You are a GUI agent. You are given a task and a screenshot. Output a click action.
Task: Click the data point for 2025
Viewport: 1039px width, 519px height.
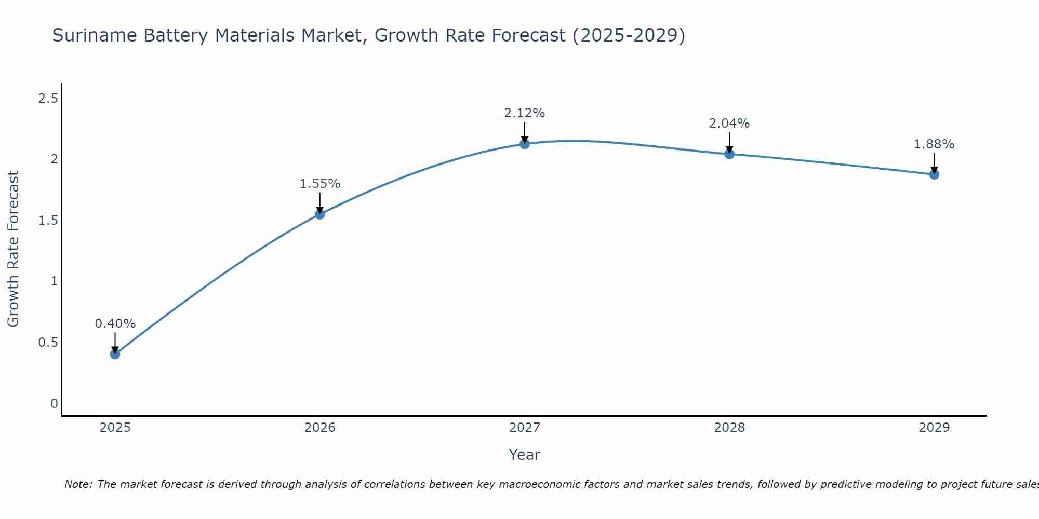point(115,354)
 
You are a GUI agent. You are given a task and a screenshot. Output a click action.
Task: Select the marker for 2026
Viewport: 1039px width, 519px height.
point(319,214)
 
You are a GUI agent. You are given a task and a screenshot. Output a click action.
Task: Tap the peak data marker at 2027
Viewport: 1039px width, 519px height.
point(524,144)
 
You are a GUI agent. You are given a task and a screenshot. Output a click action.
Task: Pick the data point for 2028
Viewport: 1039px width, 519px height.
point(729,154)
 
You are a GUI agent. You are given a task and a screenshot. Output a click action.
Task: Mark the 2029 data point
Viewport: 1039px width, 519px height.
point(934,174)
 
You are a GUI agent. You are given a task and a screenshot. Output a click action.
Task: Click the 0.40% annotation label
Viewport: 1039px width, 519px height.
point(115,324)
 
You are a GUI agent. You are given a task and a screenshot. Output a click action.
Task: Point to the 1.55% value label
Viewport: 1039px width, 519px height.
point(319,184)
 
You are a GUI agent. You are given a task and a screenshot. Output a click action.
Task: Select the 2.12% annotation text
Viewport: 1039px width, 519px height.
point(524,113)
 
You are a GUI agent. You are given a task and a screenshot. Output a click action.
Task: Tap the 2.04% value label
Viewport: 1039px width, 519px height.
point(729,124)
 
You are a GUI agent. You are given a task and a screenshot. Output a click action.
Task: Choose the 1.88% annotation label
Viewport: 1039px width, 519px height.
point(934,144)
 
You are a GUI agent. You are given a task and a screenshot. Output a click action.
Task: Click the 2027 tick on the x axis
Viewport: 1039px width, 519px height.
point(524,428)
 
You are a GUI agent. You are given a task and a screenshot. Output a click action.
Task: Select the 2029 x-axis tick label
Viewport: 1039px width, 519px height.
point(934,428)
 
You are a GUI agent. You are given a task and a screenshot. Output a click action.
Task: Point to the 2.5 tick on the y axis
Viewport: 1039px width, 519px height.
point(48,99)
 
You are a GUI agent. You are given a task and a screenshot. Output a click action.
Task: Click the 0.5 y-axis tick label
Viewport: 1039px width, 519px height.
point(48,343)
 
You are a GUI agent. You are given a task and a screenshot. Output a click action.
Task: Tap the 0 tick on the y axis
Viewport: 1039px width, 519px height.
point(54,404)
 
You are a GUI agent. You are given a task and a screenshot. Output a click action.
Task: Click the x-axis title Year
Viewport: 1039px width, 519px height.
point(524,455)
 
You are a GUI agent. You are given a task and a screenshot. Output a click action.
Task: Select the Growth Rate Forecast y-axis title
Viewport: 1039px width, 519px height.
point(14,249)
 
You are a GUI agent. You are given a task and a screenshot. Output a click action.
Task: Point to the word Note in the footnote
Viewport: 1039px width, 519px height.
point(77,485)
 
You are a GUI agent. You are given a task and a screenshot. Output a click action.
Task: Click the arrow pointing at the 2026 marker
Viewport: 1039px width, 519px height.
point(319,202)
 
